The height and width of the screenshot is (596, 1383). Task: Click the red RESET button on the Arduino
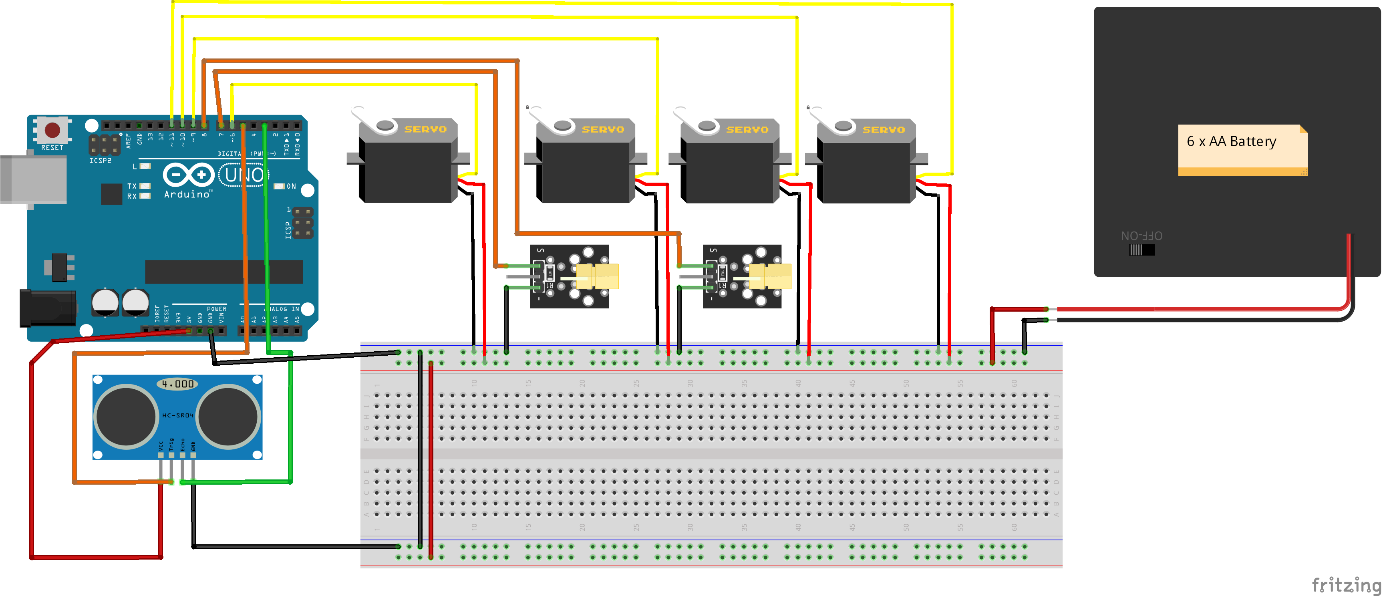(52, 130)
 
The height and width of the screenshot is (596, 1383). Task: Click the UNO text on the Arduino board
(244, 175)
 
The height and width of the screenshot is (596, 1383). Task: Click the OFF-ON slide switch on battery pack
(1141, 250)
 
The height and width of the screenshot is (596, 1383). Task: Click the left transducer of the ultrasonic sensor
(126, 416)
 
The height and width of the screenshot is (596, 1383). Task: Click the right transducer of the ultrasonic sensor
(228, 416)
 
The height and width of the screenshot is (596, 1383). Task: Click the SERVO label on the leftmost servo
(425, 129)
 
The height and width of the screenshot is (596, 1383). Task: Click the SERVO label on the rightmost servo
(884, 130)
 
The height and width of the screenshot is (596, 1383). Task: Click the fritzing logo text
(1345, 584)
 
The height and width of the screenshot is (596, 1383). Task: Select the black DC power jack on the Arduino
(46, 308)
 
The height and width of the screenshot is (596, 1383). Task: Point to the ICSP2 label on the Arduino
(100, 161)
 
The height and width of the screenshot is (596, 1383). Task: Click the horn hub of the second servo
(562, 125)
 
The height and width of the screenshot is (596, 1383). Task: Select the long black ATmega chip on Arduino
(224, 272)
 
